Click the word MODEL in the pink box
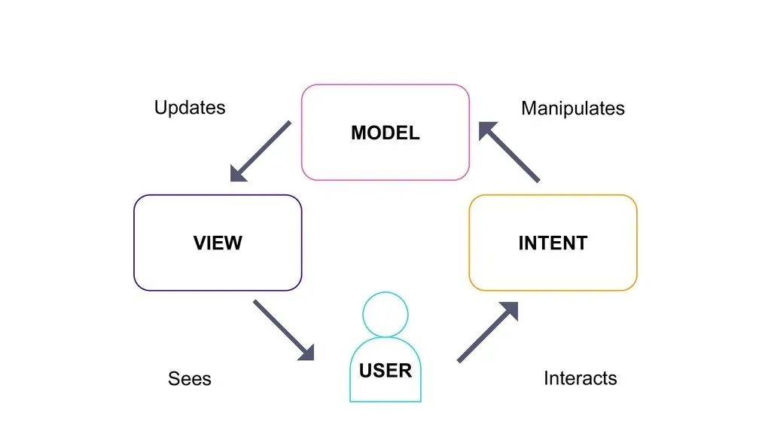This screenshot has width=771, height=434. click(x=385, y=133)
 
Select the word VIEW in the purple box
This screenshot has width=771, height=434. click(x=218, y=243)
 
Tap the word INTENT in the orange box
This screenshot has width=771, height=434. click(x=553, y=243)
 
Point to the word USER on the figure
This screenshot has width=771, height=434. click(x=385, y=370)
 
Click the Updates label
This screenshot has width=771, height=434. click(x=190, y=108)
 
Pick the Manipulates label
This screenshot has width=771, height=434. click(x=572, y=108)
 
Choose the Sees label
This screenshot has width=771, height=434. click(x=190, y=378)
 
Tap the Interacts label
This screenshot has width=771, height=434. click(x=580, y=377)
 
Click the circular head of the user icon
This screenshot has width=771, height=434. click(x=385, y=314)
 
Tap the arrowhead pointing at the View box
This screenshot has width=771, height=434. click(x=238, y=174)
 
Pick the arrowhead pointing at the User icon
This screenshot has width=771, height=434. click(x=306, y=352)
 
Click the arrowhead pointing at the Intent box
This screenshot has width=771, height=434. click(x=510, y=310)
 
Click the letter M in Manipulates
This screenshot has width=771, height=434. click(x=529, y=108)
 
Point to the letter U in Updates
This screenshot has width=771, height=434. click(x=160, y=107)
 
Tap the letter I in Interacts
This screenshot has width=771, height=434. click(x=546, y=377)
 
